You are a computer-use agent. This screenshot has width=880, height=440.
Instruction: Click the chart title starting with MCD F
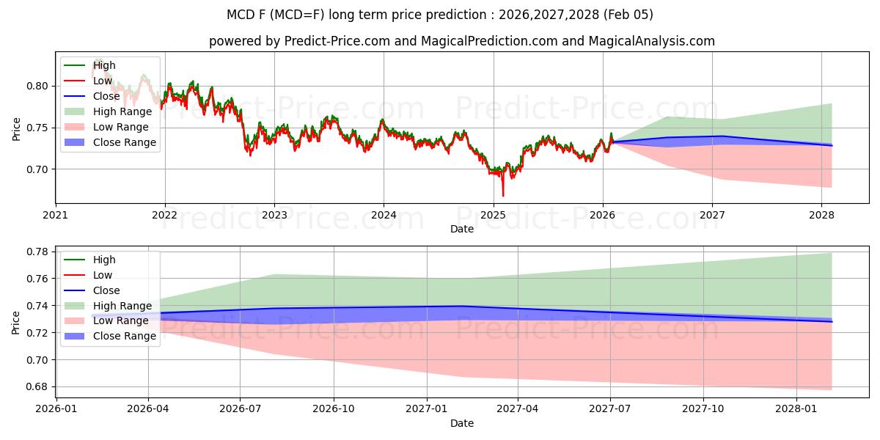click(440, 15)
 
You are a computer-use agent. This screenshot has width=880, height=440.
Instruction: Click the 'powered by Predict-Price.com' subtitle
click(462, 41)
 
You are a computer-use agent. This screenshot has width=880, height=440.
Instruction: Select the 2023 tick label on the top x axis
click(274, 215)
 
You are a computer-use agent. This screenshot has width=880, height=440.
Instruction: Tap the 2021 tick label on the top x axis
click(56, 215)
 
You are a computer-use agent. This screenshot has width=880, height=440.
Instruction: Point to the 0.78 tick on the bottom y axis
click(37, 252)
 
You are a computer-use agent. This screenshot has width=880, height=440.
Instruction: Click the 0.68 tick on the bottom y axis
click(37, 386)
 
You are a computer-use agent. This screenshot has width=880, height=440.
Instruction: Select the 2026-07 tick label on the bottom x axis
click(241, 408)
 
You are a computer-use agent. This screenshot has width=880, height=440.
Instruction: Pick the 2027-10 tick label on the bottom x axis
click(703, 408)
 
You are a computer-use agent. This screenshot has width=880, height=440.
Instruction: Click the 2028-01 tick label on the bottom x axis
click(796, 408)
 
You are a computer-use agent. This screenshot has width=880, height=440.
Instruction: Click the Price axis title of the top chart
click(16, 128)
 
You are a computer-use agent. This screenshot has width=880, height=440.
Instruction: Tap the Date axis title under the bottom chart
click(462, 423)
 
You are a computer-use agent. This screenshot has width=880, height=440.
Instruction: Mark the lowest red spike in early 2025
click(503, 195)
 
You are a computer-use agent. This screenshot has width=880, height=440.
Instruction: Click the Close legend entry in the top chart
click(106, 96)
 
